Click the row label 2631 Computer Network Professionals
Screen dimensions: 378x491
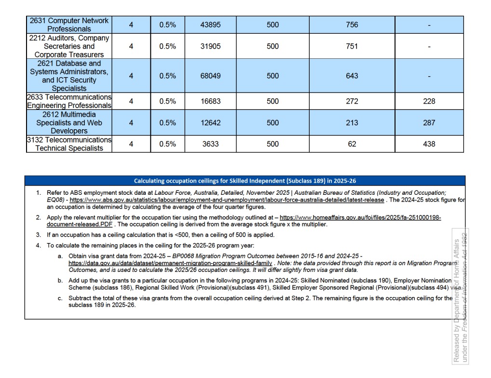coord(69,25)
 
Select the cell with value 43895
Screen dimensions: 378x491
coord(210,25)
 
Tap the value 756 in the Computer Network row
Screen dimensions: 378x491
coord(352,25)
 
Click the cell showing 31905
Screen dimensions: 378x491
coord(210,46)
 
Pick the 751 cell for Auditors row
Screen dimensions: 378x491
coord(352,46)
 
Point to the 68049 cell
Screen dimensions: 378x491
coord(210,76)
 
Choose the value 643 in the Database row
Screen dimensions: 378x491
coord(352,76)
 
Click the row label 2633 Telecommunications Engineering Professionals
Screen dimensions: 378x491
coord(69,101)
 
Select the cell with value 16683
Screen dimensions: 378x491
coord(210,101)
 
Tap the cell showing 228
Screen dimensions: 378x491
coord(429,101)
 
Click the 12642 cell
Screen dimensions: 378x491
coord(210,123)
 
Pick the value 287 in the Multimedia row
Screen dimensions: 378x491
coord(429,123)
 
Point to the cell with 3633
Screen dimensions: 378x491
coord(210,144)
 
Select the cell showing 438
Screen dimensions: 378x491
coord(429,144)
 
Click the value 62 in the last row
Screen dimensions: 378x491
coord(352,144)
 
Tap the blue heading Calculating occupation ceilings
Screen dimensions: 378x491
coord(245,181)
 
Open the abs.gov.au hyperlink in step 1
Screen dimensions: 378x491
coord(227,200)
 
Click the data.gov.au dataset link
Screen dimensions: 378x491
coord(170,263)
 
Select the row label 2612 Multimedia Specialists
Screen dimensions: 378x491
coord(69,123)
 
